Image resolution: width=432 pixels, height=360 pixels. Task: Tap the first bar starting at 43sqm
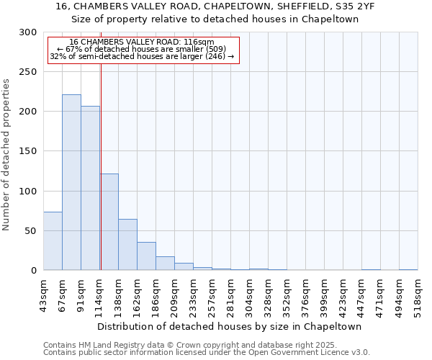53,241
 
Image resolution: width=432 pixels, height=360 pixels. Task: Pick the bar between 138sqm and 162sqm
127,245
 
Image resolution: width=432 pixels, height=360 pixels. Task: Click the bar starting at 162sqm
146,256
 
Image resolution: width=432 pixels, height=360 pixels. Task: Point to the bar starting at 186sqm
165,264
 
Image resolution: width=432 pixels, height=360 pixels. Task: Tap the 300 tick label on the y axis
28,32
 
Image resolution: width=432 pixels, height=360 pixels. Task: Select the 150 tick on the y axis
28,151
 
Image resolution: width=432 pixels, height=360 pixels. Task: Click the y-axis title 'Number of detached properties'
6,155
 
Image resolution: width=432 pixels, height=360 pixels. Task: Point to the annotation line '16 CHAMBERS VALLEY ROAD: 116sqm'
142,42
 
